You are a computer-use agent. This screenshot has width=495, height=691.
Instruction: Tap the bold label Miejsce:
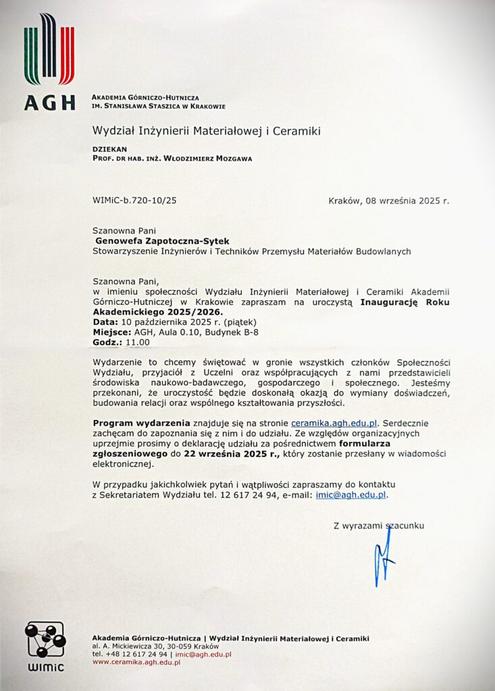[109, 332]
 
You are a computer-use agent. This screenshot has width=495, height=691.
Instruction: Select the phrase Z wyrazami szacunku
[379, 524]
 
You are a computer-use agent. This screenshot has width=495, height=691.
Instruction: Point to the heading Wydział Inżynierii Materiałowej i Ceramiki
[206, 130]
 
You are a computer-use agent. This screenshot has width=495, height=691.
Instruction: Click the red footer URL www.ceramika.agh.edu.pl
[136, 663]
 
